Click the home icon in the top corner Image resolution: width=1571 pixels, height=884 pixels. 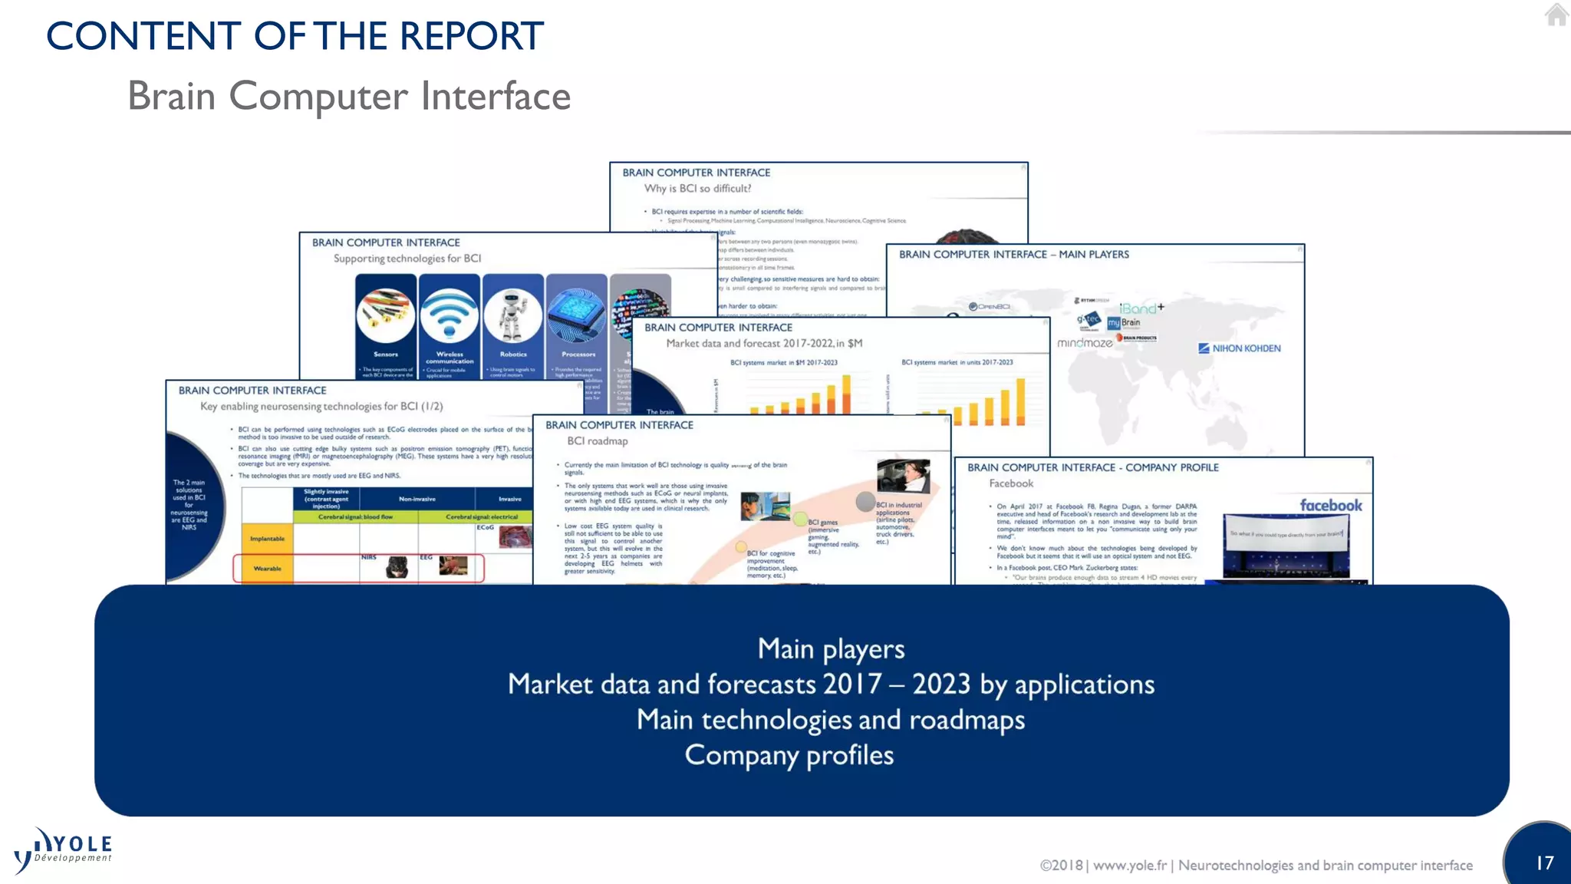click(1556, 15)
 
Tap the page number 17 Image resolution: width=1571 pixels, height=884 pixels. click(1544, 863)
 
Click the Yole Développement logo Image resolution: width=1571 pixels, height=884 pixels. click(64, 850)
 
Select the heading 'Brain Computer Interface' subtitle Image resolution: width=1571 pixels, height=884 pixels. click(349, 97)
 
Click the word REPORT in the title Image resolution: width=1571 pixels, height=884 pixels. click(471, 36)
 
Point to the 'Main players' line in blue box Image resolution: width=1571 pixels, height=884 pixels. click(831, 649)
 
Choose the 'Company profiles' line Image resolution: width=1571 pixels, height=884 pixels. click(789, 755)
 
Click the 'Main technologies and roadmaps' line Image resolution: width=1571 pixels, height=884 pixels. click(830, 720)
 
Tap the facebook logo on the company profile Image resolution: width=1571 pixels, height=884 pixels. click(1331, 505)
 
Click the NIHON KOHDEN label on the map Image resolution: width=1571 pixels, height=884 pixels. click(1240, 348)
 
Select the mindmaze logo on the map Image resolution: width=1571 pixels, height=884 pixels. click(1085, 343)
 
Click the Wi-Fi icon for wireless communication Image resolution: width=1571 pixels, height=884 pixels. click(450, 315)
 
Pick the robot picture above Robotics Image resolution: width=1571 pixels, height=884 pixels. click(513, 315)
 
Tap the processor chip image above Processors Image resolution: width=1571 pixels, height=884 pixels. click(577, 315)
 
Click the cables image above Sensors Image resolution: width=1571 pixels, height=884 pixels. click(386, 315)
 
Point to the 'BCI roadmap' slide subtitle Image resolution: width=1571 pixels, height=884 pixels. click(598, 441)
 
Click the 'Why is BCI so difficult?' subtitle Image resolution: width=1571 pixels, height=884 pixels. click(697, 189)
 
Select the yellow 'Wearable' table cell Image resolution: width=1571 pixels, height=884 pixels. click(267, 569)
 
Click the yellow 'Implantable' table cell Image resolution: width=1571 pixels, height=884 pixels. click(267, 539)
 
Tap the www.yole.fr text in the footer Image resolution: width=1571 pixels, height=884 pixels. click(1129, 866)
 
